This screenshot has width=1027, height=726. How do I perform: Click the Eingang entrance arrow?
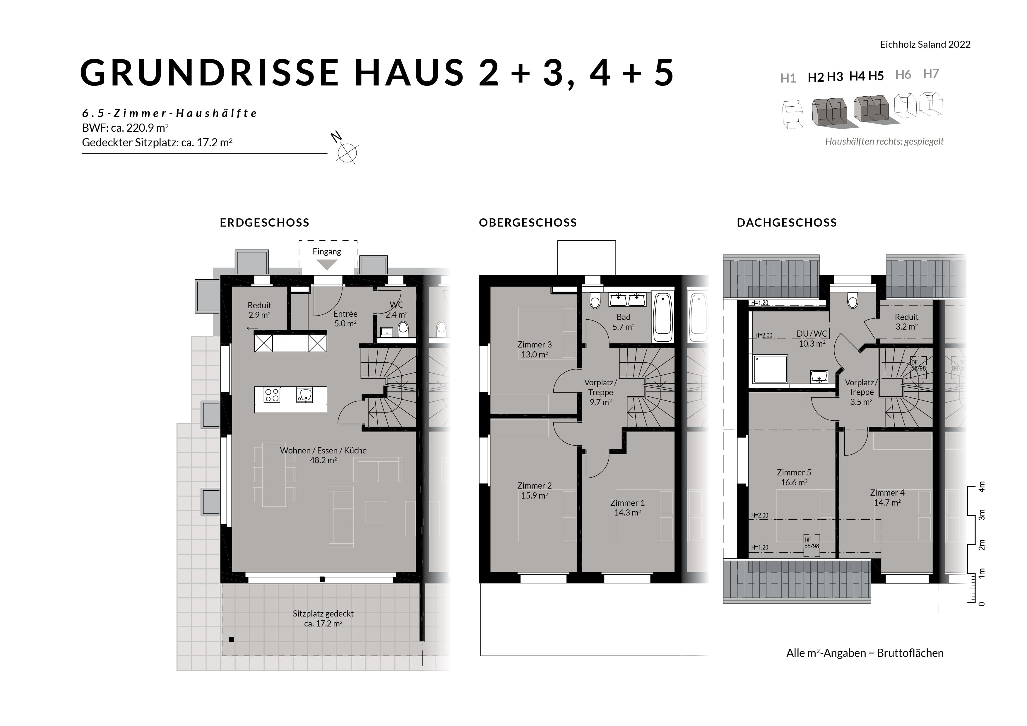[x=327, y=265]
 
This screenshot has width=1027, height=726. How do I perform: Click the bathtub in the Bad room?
[x=663, y=318]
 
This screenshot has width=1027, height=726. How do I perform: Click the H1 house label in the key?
[x=788, y=78]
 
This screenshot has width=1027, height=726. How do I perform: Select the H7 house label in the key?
[x=931, y=73]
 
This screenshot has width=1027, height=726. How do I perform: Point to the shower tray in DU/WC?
[x=770, y=369]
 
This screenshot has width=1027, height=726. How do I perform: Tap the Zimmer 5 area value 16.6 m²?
[x=794, y=482]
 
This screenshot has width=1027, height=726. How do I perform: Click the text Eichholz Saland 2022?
[x=925, y=44]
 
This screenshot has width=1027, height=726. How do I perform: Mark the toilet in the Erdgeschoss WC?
[x=403, y=329]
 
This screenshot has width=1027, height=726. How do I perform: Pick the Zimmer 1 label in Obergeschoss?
[x=628, y=503]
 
